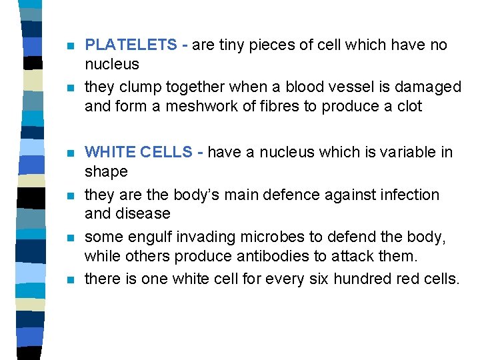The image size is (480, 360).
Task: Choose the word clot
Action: click(x=408, y=107)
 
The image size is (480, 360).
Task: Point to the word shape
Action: click(x=106, y=171)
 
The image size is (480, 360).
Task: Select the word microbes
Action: click(x=267, y=237)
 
